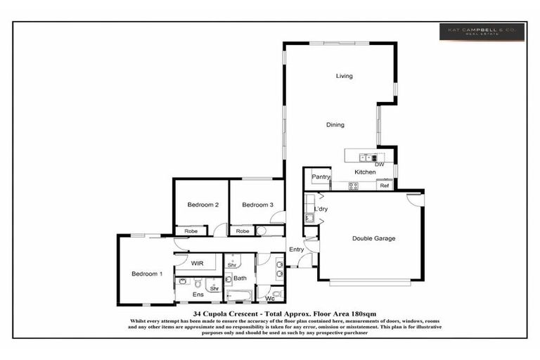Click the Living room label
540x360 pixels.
pyautogui.click(x=344, y=76)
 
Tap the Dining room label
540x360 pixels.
pyautogui.click(x=335, y=125)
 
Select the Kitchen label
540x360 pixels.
pyautogui.click(x=365, y=172)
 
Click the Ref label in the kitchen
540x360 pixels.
pyautogui.click(x=384, y=186)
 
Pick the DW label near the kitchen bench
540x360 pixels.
pyautogui.click(x=380, y=164)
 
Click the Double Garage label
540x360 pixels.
pyautogui.click(x=373, y=238)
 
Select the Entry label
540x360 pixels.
pyautogui.click(x=297, y=249)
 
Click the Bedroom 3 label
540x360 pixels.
pyautogui.click(x=257, y=205)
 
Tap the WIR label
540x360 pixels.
pyautogui.click(x=198, y=262)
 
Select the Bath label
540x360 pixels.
pyautogui.click(x=240, y=278)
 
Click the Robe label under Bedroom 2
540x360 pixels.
pyautogui.click(x=191, y=231)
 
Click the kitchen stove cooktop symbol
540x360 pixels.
pyautogui.click(x=354, y=186)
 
